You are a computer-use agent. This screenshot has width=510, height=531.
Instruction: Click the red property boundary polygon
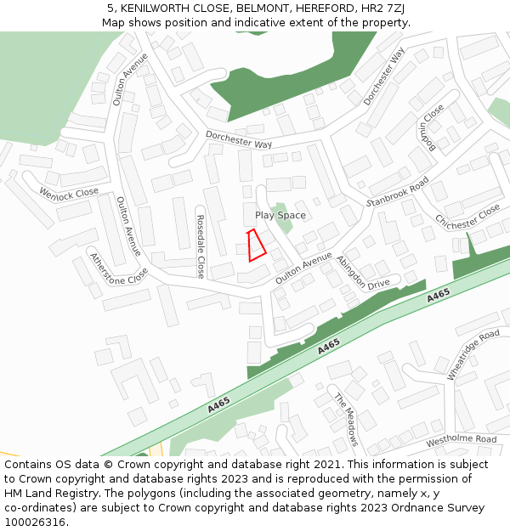tap(256, 246)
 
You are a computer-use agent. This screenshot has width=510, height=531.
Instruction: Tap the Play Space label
tap(280, 216)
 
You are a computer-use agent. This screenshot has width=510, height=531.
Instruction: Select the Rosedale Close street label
tap(201, 246)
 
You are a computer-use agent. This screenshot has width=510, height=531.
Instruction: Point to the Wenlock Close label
tap(69, 193)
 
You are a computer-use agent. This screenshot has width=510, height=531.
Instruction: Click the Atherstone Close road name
tap(118, 269)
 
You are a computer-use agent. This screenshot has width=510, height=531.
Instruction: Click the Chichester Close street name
tap(468, 216)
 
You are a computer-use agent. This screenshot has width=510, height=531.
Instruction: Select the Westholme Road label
tap(461, 439)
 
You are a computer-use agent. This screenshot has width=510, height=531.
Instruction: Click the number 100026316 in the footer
tap(35, 522)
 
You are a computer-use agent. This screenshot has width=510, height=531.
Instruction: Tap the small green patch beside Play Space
tap(280, 216)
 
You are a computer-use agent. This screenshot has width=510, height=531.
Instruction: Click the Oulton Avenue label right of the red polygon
tap(303, 268)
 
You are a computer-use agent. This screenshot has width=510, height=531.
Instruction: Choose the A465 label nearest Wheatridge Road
tap(439, 296)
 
